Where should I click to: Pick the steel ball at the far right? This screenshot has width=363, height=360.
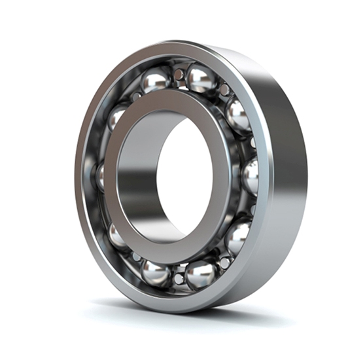pos(250,177)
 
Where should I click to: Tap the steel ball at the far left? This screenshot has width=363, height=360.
pos(100,175)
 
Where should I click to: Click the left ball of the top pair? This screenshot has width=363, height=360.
pos(156,81)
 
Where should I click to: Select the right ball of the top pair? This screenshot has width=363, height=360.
pos(201,78)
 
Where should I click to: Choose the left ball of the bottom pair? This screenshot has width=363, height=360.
pos(156,273)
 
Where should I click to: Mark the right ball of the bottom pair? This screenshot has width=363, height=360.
pos(201,274)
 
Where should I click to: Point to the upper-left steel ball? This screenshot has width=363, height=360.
pos(117,118)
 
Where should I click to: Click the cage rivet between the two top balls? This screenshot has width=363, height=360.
pos(179,73)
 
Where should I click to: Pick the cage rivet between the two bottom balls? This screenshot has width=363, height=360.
pos(179,279)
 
